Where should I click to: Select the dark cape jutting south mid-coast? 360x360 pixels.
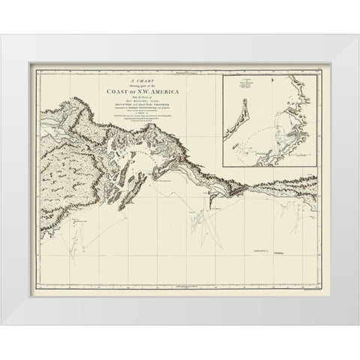click(x=214, y=196)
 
